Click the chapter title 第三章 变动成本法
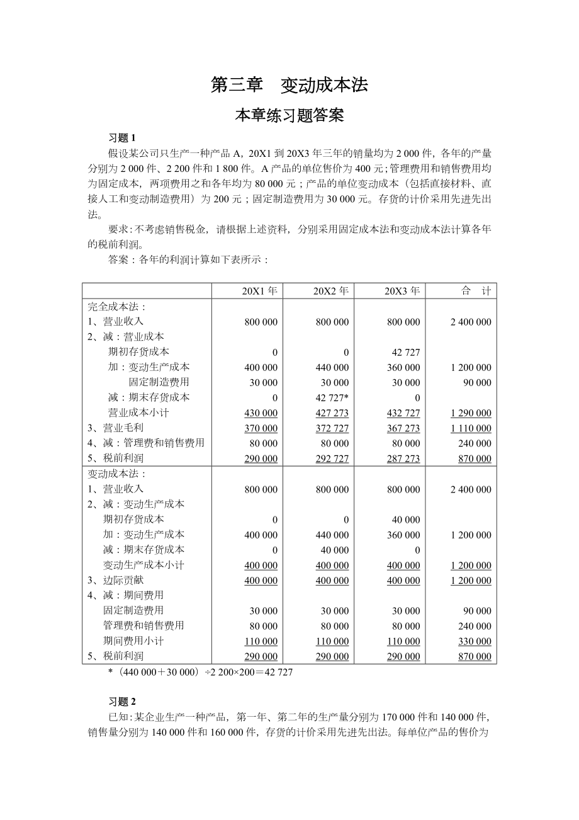pyautogui.click(x=289, y=86)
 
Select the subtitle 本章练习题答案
pyautogui.click(x=289, y=116)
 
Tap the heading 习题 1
pyautogui.click(x=122, y=138)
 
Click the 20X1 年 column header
pyautogui.click(x=260, y=291)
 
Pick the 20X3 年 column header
pyautogui.click(x=402, y=291)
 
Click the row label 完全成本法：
pyautogui.click(x=117, y=307)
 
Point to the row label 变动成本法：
pyautogui.click(x=117, y=474)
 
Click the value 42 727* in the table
pyautogui.click(x=332, y=398)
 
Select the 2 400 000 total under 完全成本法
pyautogui.click(x=471, y=322)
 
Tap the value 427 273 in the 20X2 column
pyautogui.click(x=332, y=413)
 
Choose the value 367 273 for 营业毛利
pyautogui.click(x=403, y=428)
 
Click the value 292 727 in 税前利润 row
pyautogui.click(x=332, y=458)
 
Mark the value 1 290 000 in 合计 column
pyautogui.click(x=471, y=413)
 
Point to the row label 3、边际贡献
pyautogui.click(x=116, y=580)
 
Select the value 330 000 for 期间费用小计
pyautogui.click(x=475, y=641)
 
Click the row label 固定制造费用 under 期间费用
pyautogui.click(x=133, y=610)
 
